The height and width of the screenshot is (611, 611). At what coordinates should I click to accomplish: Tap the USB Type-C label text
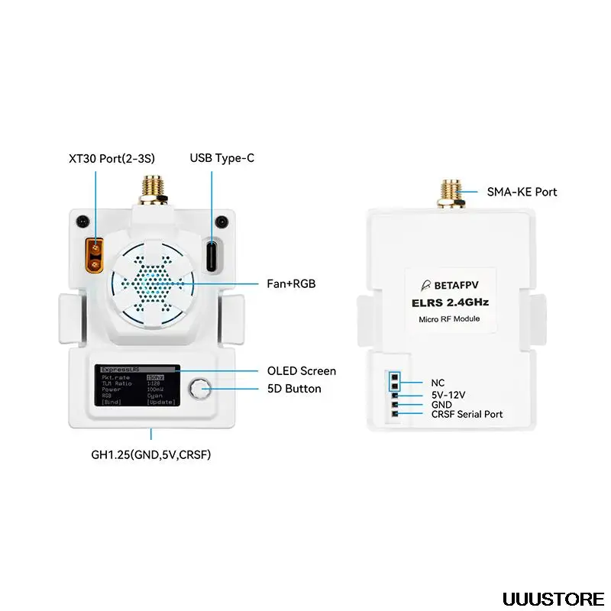(x=221, y=158)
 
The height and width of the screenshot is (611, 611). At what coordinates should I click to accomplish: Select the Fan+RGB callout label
(x=291, y=283)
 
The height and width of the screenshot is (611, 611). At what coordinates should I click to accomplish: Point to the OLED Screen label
(x=301, y=370)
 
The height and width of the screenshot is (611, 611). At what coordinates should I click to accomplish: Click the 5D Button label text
(x=294, y=389)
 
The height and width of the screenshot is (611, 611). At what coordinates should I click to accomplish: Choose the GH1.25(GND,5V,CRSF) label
(x=150, y=454)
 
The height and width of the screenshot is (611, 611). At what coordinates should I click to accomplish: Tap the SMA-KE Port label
(x=522, y=192)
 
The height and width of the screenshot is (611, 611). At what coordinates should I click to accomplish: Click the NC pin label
(x=438, y=383)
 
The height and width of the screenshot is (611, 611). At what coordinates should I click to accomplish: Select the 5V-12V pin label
(x=448, y=395)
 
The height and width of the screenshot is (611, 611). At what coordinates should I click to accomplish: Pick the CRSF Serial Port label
(x=467, y=414)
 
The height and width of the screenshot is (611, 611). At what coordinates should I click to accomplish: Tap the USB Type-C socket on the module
(x=212, y=253)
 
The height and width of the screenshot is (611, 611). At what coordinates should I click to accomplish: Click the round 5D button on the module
(x=202, y=389)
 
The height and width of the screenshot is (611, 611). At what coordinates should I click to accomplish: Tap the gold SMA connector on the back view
(x=449, y=195)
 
